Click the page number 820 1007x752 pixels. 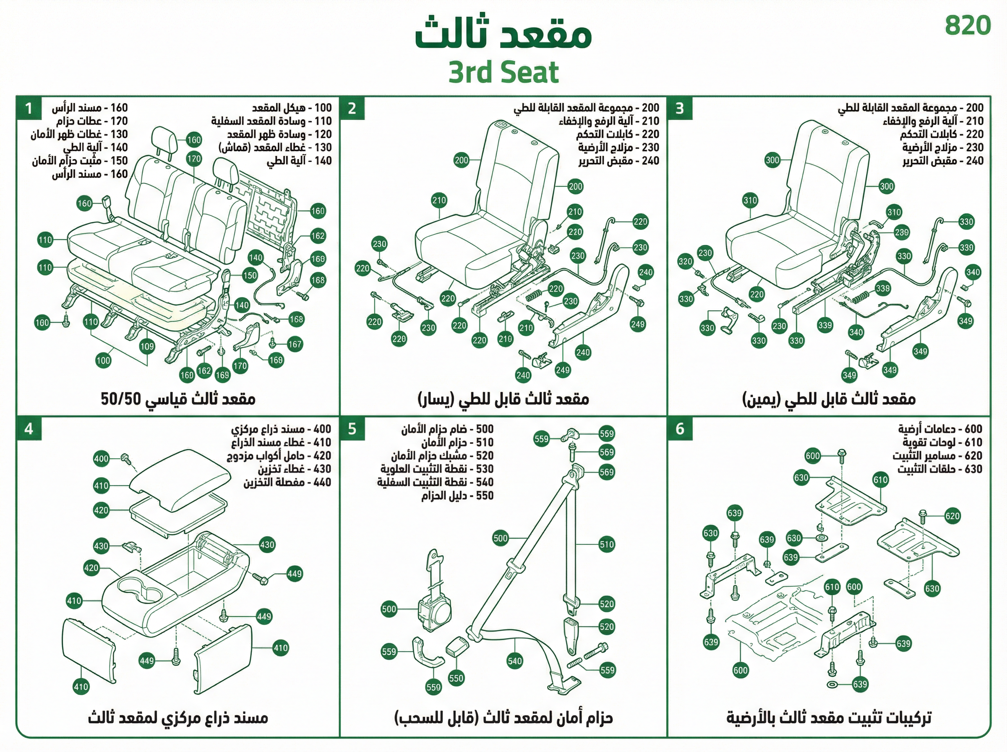pos(968,26)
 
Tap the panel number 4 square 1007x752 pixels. pos(29,429)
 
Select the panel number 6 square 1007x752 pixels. pos(680,429)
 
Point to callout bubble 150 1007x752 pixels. pos(250,275)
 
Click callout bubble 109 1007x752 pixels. pos(147,346)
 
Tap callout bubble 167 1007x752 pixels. pos(295,344)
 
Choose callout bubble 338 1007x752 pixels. pos(882,288)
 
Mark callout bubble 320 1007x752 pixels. pos(685,261)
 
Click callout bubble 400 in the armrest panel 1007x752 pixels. pos(101,458)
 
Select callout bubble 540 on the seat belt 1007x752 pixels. pos(515,661)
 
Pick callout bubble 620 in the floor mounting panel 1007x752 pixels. pos(952,516)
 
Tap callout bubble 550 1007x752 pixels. pos(456,678)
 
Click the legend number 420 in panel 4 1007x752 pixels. pos(322,456)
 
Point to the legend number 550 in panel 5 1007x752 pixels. pos(485,495)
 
